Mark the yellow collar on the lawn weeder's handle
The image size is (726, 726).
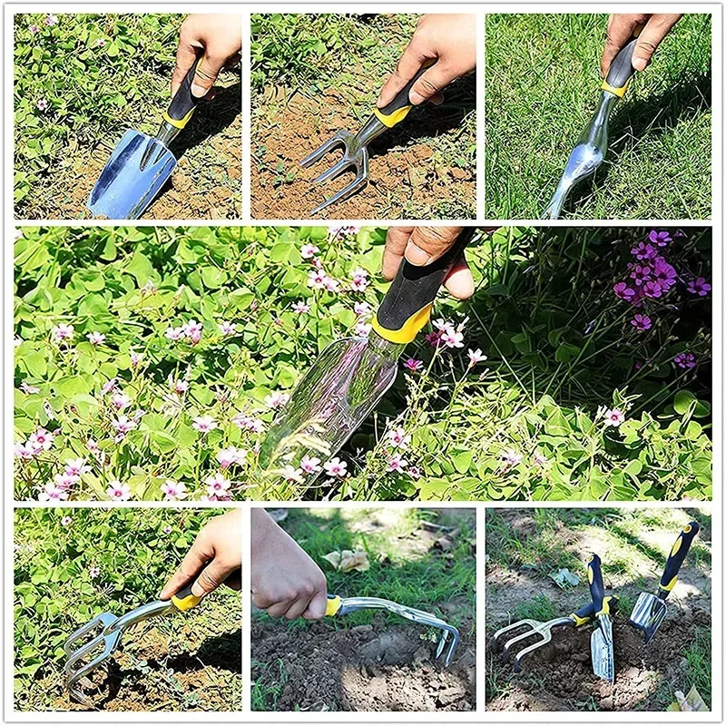(x=615, y=89)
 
